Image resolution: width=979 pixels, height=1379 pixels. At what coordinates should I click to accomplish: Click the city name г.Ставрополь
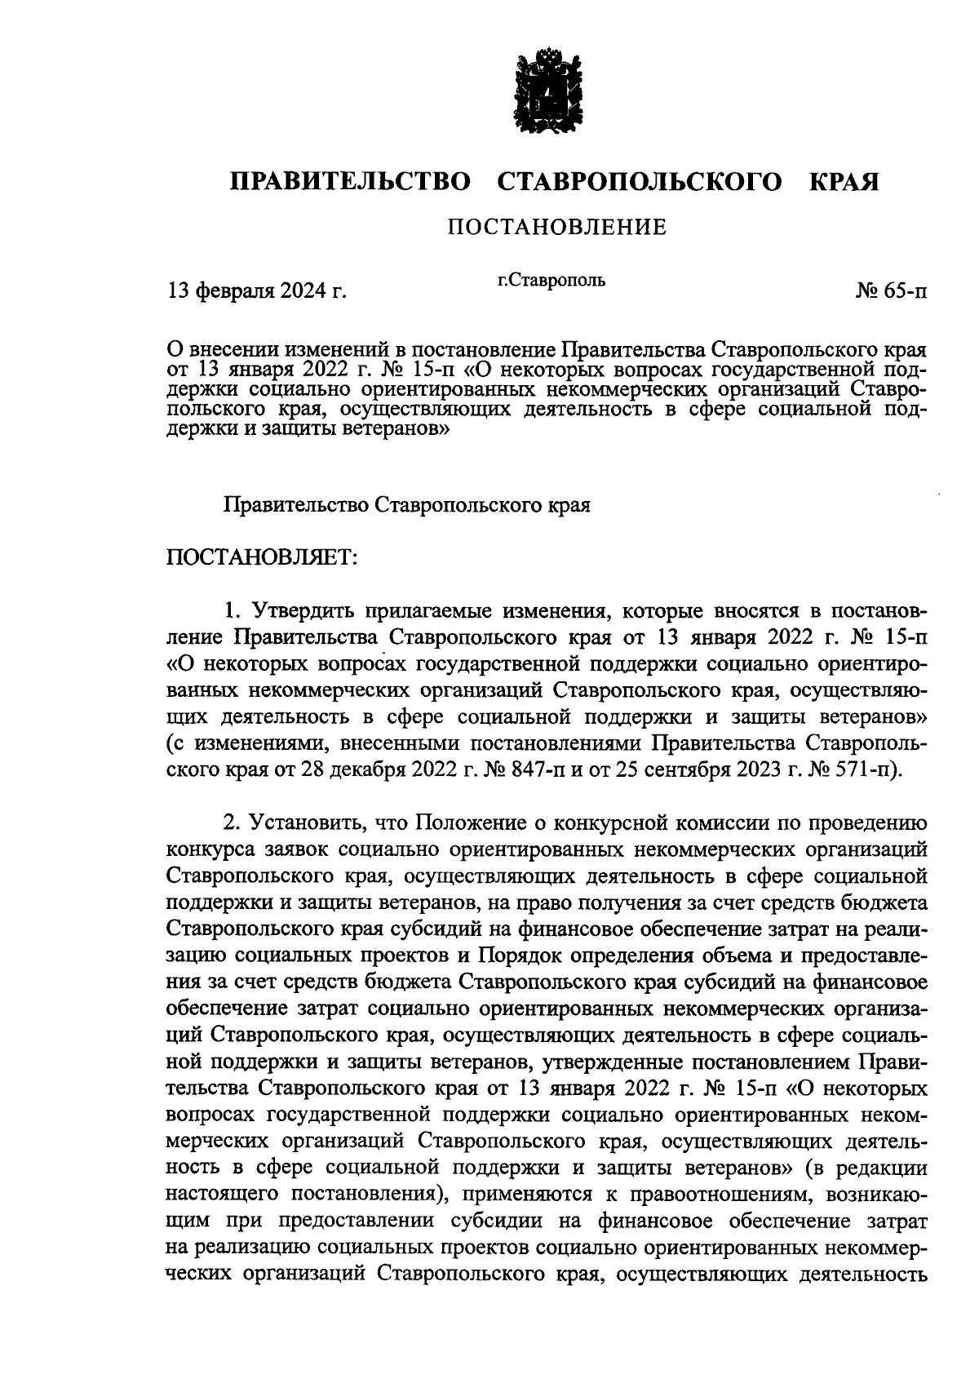[552, 281]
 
